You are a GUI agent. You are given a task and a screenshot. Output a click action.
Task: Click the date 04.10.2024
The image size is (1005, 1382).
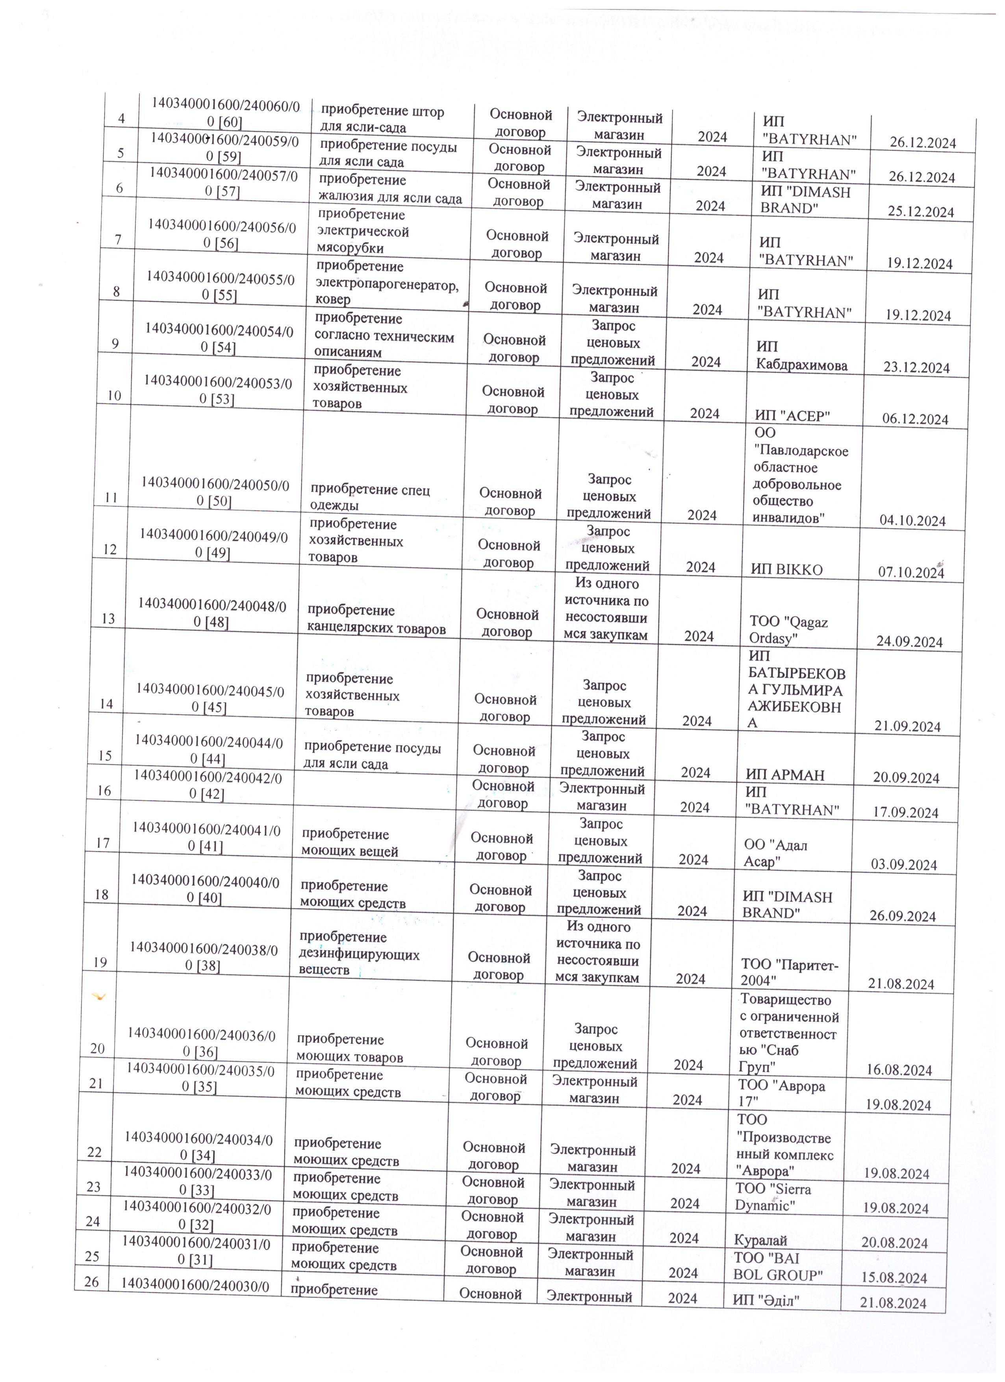pyautogui.click(x=912, y=521)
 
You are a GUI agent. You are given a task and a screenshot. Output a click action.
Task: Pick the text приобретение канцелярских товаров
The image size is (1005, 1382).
pyautogui.click(x=376, y=620)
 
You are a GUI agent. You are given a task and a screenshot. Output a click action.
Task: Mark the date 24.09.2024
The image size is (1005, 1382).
pyautogui.click(x=909, y=642)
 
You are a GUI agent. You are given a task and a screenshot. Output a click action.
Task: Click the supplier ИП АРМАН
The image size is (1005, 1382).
pyautogui.click(x=785, y=775)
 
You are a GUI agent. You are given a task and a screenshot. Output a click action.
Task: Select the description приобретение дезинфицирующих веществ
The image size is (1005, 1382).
pyautogui.click(x=358, y=953)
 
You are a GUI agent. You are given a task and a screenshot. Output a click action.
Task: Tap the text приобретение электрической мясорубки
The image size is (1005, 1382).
pyautogui.click(x=363, y=232)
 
